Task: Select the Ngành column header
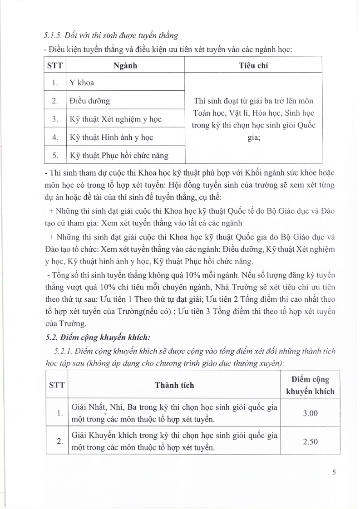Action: click(x=125, y=65)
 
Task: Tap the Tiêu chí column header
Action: click(x=253, y=65)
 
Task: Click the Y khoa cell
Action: click(x=82, y=83)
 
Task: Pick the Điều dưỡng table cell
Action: click(x=90, y=101)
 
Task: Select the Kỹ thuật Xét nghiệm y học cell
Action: click(x=116, y=119)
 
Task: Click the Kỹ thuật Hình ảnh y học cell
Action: click(x=112, y=137)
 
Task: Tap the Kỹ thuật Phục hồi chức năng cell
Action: click(x=119, y=156)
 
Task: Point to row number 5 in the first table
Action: click(x=55, y=156)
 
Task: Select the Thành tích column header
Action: click(x=174, y=385)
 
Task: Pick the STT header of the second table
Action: click(x=56, y=385)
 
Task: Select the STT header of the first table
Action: click(x=55, y=65)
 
